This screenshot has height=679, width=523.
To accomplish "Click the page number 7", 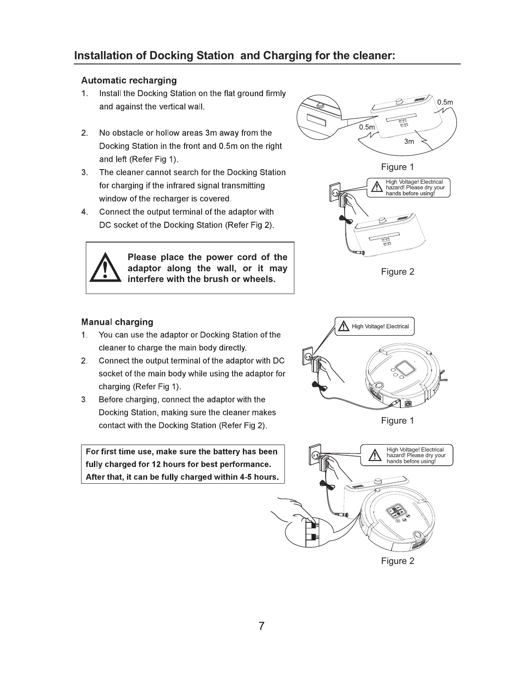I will (261, 626).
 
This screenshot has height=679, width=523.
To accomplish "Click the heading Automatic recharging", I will (129, 81).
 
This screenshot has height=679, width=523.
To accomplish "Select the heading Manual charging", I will (117, 322).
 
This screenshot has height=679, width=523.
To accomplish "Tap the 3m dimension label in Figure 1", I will (409, 142).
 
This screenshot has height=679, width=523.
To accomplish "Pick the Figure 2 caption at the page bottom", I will (397, 561).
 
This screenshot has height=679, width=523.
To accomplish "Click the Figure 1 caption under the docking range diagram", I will (397, 167).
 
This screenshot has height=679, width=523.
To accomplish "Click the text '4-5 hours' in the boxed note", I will (256, 477).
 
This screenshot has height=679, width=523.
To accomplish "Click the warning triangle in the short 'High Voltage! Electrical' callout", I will (344, 327).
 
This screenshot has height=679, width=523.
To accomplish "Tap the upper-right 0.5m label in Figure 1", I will (445, 102).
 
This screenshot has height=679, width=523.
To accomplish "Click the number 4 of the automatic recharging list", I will (85, 212).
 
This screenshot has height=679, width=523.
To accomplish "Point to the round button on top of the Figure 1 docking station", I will (399, 101).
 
